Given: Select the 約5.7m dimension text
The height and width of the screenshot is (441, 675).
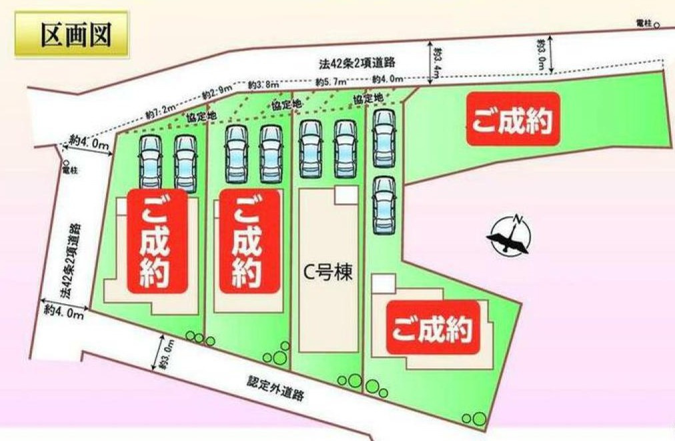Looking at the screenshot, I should pos(331,81).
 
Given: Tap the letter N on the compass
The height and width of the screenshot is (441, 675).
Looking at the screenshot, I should pos(517,219).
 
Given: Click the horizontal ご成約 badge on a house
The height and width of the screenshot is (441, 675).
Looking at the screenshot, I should pos(433,328).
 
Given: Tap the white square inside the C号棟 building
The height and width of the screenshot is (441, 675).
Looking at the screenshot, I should pos(346,195).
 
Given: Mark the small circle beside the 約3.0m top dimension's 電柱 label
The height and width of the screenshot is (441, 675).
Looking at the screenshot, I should pos(657,25).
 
